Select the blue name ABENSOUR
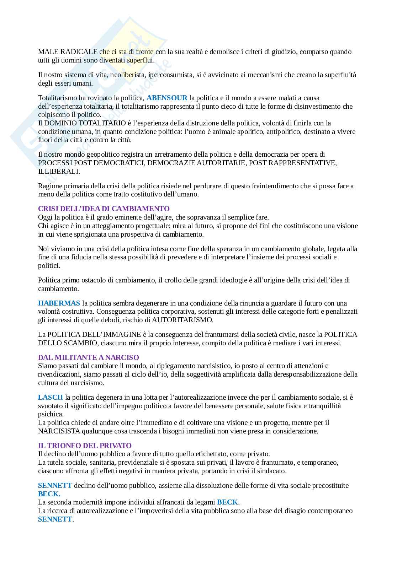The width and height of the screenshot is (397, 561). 166,98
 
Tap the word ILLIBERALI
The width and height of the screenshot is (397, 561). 59,171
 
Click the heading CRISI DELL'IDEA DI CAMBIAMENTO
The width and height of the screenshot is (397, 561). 104,209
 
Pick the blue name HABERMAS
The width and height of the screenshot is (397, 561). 59,303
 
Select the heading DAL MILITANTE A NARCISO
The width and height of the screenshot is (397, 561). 88,357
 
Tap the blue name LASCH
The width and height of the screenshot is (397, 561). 51,397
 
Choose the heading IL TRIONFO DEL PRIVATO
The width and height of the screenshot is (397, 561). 85,446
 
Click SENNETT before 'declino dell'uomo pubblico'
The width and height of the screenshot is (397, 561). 55,485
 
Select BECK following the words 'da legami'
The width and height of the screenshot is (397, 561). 227,502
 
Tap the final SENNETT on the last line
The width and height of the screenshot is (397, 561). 55,519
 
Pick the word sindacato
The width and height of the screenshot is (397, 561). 273,471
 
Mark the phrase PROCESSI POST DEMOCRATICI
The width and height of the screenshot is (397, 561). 91,163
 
